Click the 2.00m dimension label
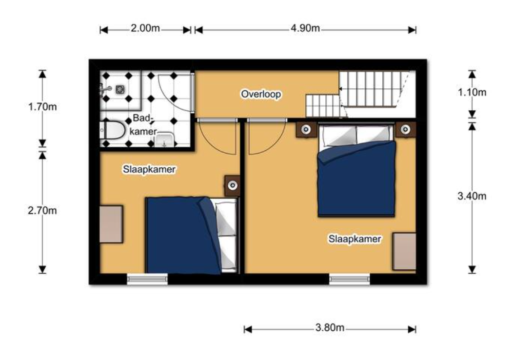[145, 28]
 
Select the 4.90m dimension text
[305, 28]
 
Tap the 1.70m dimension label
[42, 107]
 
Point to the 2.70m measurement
[42, 210]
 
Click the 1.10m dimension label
[472, 92]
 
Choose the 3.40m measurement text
[472, 196]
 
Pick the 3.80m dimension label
[330, 328]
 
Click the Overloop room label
[261, 94]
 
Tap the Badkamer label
[143, 125]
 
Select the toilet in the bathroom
[112, 130]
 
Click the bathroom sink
[164, 140]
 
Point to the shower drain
[120, 89]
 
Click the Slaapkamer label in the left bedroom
[149, 169]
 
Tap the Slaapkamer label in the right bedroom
[355, 239]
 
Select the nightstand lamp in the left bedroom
[233, 185]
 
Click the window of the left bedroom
[147, 279]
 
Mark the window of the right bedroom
[350, 279]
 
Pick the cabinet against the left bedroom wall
[111, 224]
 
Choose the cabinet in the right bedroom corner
[404, 251]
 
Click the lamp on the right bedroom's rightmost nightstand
[405, 129]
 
